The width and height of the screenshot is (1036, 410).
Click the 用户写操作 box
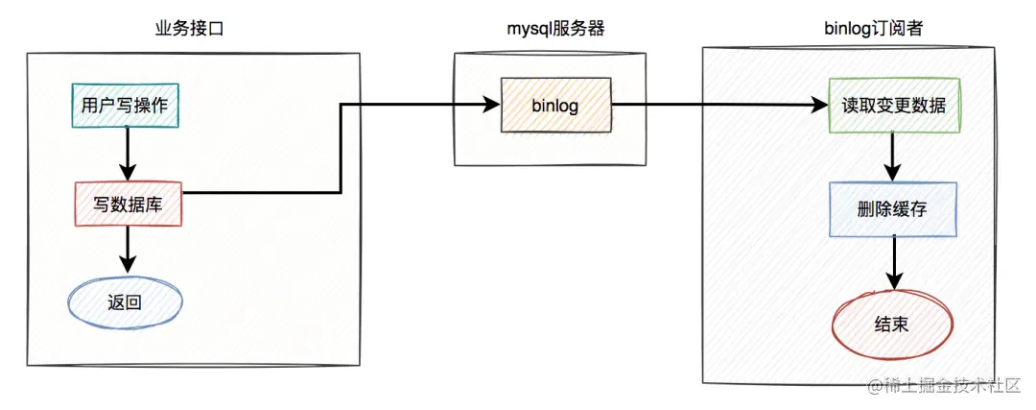coord(125,106)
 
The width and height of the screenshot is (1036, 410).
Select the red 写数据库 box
coord(128,204)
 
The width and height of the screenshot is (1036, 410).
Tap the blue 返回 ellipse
coord(125,303)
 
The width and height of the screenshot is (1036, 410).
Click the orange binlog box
coord(555,106)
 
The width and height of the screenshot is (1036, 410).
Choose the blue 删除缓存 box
coord(893,209)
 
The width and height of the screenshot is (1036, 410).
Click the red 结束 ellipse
coord(893,325)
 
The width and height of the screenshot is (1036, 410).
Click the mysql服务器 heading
coord(555,29)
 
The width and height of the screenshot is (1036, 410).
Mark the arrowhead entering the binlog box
coord(490,104)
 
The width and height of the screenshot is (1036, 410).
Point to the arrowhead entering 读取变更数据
coord(820,104)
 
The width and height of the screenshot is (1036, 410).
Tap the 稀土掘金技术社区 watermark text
coord(944,386)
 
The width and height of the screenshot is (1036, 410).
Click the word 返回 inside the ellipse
coord(125,303)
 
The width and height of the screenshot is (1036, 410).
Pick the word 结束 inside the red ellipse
coord(893,325)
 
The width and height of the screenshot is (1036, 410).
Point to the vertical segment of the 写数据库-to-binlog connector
coord(341,148)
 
